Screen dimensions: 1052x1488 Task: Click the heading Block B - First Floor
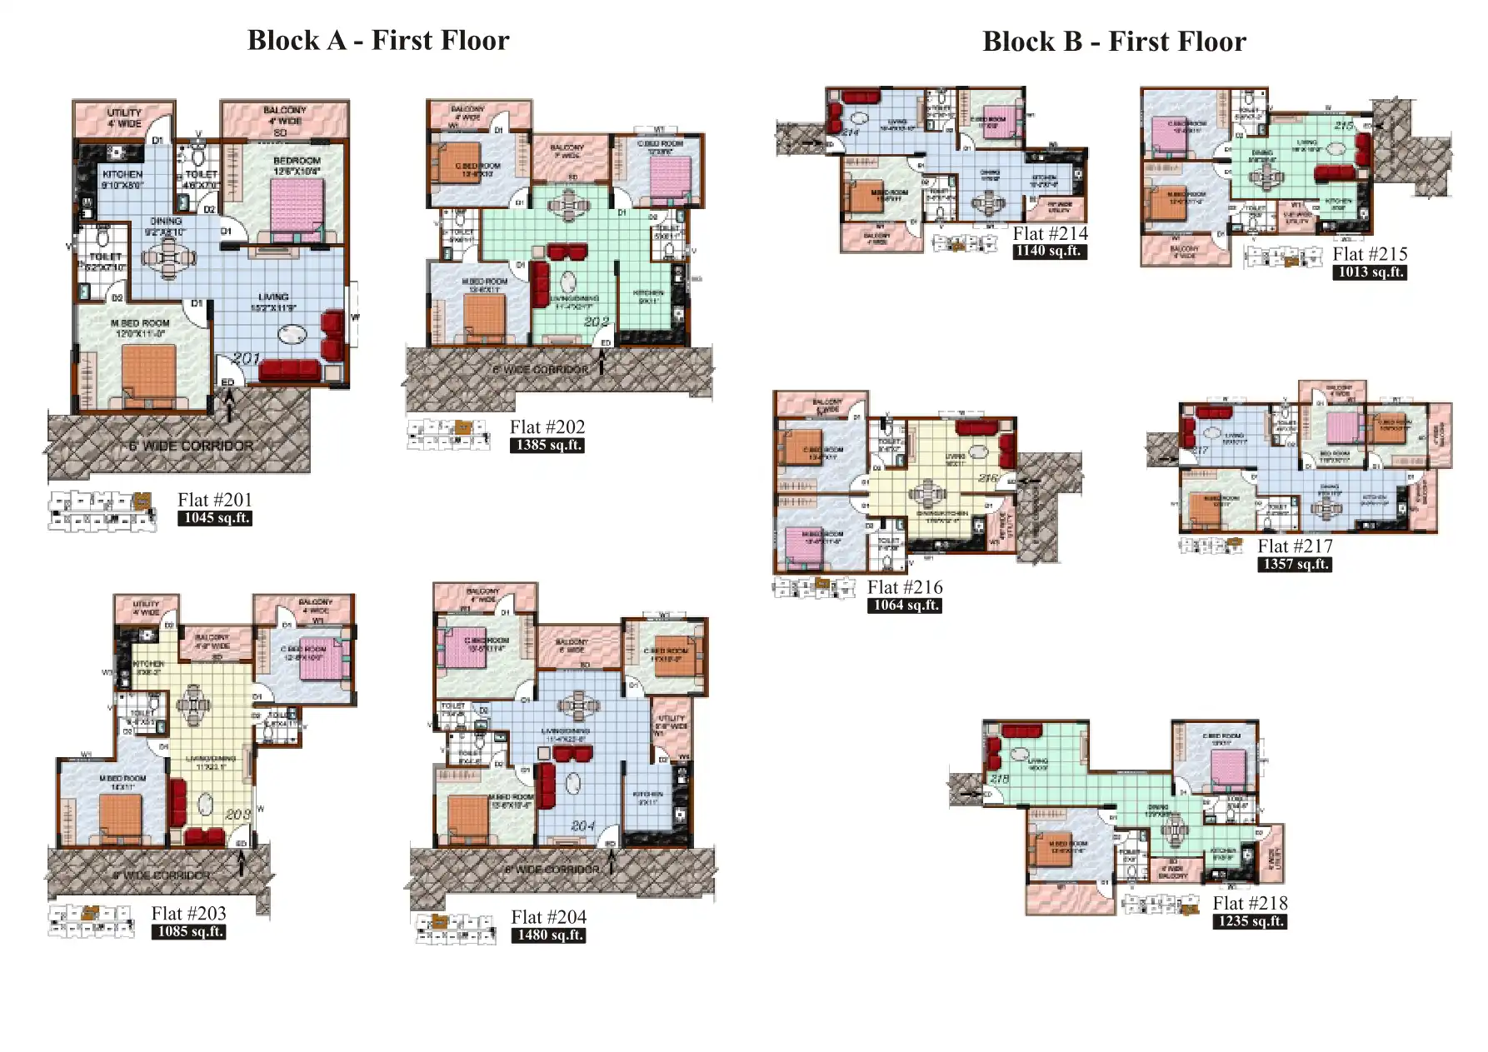click(1114, 41)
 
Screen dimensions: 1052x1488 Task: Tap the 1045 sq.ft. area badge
click(214, 518)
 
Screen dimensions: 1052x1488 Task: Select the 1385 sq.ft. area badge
click(547, 446)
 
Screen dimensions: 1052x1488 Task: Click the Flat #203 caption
click(188, 913)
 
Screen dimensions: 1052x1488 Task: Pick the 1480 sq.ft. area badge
click(548, 935)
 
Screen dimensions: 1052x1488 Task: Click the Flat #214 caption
click(1050, 233)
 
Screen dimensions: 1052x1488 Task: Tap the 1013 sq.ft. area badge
click(1369, 272)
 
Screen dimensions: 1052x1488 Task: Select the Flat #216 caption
click(904, 587)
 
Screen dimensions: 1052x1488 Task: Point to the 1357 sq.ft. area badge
click(1294, 565)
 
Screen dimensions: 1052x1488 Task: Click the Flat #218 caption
click(1250, 903)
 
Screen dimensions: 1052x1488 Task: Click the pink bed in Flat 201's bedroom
click(297, 208)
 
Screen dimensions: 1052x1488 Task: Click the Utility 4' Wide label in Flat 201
click(124, 117)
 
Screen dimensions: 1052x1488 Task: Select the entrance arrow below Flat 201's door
click(231, 406)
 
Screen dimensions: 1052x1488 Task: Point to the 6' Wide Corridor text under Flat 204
click(552, 869)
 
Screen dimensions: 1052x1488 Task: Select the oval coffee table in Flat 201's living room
click(292, 335)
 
